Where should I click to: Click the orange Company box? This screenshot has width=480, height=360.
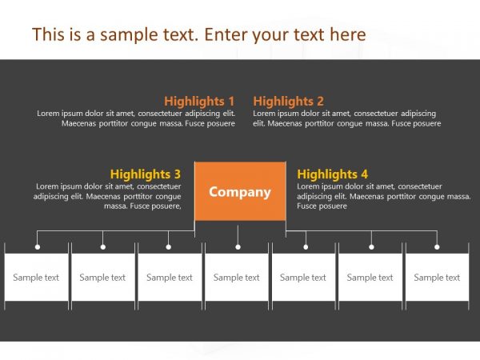240,192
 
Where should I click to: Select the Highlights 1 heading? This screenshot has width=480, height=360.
199,102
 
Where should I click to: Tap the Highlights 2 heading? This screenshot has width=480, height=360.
288,102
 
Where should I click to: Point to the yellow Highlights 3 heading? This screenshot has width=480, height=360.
146,174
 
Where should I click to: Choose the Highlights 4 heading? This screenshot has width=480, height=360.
332,174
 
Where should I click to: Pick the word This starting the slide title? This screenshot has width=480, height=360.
47,34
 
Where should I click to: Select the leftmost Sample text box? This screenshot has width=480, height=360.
36,278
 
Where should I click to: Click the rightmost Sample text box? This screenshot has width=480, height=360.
437,278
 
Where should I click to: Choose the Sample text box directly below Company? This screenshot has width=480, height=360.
237,278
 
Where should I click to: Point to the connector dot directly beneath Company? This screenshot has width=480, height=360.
238,247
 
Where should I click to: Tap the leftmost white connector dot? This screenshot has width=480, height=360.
37,247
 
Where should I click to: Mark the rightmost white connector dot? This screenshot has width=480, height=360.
437,247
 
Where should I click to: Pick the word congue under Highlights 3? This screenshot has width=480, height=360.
166,196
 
